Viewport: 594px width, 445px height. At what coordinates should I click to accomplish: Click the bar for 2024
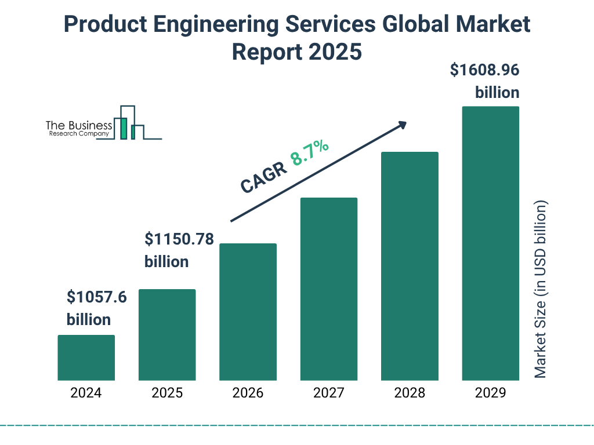(86, 358)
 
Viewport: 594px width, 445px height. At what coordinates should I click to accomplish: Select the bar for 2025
(167, 334)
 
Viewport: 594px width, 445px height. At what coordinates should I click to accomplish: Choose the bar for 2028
(410, 266)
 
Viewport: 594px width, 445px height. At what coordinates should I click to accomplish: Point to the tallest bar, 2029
(490, 243)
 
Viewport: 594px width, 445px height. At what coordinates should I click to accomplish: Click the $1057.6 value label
(96, 298)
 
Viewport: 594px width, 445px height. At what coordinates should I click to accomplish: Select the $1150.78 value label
(179, 239)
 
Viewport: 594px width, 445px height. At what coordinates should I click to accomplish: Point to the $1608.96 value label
(485, 71)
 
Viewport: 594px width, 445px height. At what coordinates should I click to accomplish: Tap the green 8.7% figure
(310, 152)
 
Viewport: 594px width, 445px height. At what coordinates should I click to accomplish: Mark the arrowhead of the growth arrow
(402, 124)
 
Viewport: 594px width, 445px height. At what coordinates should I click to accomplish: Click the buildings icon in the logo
(129, 123)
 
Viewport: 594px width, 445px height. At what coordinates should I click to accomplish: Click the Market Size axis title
(541, 290)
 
